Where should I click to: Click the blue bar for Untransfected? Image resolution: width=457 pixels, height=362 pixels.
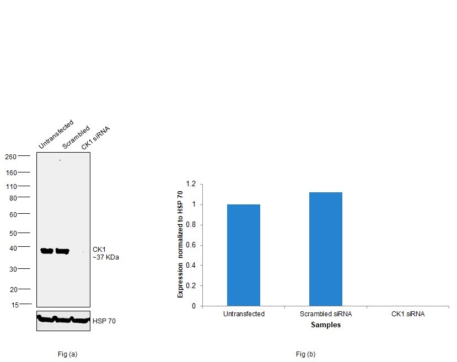pos(243,255)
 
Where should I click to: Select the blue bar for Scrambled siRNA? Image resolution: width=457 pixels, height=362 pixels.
pos(325,248)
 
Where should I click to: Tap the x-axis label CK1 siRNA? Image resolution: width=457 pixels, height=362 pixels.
pos(408,314)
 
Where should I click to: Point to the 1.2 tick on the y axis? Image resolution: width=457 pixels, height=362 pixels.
pos(191,184)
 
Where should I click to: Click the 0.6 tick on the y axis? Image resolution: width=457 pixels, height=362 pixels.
pos(191,245)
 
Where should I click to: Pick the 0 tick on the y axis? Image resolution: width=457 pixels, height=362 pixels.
pos(193,306)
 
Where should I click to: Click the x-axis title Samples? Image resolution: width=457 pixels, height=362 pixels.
pos(325,325)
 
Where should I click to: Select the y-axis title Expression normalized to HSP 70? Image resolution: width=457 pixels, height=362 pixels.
pos(180,245)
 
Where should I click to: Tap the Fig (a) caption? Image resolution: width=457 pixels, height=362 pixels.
pos(67,354)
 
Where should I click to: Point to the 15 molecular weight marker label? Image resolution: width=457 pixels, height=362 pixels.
pos(15,304)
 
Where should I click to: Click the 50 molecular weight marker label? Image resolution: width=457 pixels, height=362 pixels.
pos(13,234)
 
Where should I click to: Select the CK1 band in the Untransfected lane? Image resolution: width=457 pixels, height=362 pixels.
pos(47,251)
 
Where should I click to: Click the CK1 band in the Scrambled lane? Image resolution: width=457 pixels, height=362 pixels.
pos(62,251)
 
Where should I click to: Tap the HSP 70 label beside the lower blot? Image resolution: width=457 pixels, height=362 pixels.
pos(104,321)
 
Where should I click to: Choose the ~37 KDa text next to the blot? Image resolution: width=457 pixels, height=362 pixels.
pos(106,257)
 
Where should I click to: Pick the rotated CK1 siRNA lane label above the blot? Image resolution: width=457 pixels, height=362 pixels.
pos(96,138)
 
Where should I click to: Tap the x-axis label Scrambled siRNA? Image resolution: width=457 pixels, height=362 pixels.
pos(325,314)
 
